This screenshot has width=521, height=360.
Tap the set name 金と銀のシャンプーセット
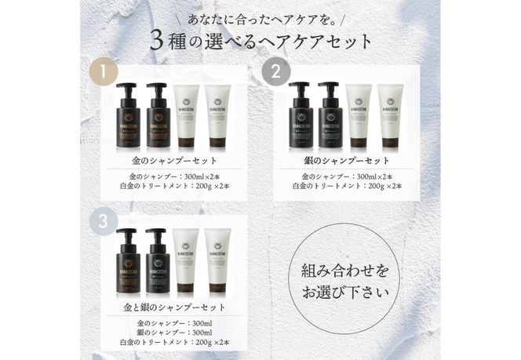[173, 307]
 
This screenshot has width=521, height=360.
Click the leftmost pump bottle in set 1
[128, 118]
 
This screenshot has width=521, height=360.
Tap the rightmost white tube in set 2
[390, 118]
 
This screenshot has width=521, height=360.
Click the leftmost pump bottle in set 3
[128, 263]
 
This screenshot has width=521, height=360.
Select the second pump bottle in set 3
[158, 263]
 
